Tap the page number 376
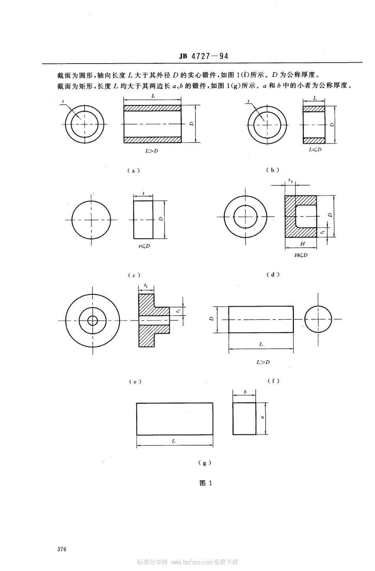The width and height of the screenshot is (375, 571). tap(62, 549)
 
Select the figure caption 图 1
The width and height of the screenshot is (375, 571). tap(206, 483)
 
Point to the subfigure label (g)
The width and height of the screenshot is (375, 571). tap(204, 463)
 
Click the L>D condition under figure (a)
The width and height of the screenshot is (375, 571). tap(152, 151)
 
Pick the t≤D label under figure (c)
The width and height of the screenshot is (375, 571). tap(144, 246)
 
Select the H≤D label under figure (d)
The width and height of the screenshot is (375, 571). tap(301, 255)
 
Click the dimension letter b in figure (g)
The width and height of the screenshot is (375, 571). tap(245, 392)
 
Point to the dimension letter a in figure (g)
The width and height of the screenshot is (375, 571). tap(262, 416)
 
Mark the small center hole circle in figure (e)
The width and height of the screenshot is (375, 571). tap(93, 320)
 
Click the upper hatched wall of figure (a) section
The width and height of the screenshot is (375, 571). tap(152, 108)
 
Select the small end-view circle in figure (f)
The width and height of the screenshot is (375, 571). tap(318, 319)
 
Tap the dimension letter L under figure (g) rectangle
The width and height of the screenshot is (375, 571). tap(174, 441)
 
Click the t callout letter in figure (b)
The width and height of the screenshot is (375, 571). tap(249, 101)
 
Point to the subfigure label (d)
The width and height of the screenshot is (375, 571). tap(272, 275)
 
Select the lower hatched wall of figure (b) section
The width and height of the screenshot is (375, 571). tap(314, 140)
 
